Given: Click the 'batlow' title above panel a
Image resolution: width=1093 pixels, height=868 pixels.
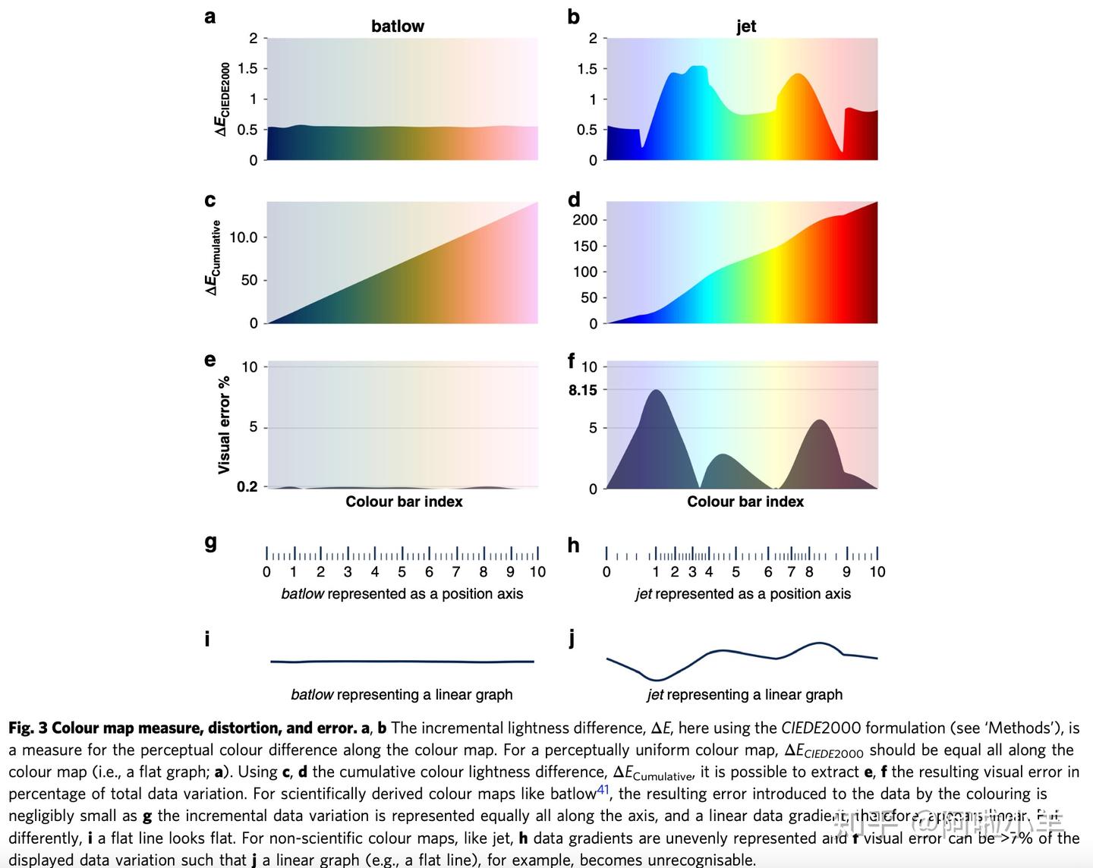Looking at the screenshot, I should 397,26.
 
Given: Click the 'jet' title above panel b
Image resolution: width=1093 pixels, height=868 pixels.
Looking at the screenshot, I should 745,26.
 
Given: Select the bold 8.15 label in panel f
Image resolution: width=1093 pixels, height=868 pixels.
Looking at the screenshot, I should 582,390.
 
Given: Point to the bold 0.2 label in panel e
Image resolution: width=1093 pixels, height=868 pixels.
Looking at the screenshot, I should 247,486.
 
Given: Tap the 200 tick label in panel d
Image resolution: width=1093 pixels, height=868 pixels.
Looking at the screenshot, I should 584,220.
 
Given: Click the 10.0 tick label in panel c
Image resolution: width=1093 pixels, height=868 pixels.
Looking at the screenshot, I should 244,237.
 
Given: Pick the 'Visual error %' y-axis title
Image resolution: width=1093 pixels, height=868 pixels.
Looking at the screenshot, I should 224,424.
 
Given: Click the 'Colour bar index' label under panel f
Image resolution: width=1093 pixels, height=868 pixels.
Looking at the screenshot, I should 745,502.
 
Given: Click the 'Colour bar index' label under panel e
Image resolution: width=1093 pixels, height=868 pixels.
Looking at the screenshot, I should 404,502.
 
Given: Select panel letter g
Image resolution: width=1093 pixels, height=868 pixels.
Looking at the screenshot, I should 210,542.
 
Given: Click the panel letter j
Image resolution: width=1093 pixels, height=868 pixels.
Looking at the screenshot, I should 572,638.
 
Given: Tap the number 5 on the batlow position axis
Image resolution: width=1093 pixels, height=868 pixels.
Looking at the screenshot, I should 402,572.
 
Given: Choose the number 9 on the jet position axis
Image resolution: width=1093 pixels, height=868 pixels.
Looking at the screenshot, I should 846,572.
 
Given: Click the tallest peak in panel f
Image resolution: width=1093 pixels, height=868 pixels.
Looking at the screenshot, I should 655,392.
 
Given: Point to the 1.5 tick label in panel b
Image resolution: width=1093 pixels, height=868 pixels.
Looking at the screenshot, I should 587,69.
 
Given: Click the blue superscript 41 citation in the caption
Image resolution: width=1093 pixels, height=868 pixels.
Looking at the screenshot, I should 603,790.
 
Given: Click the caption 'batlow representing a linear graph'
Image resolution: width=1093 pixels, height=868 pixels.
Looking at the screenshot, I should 402,694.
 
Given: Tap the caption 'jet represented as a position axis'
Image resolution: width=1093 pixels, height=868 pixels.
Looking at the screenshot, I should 743,594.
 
